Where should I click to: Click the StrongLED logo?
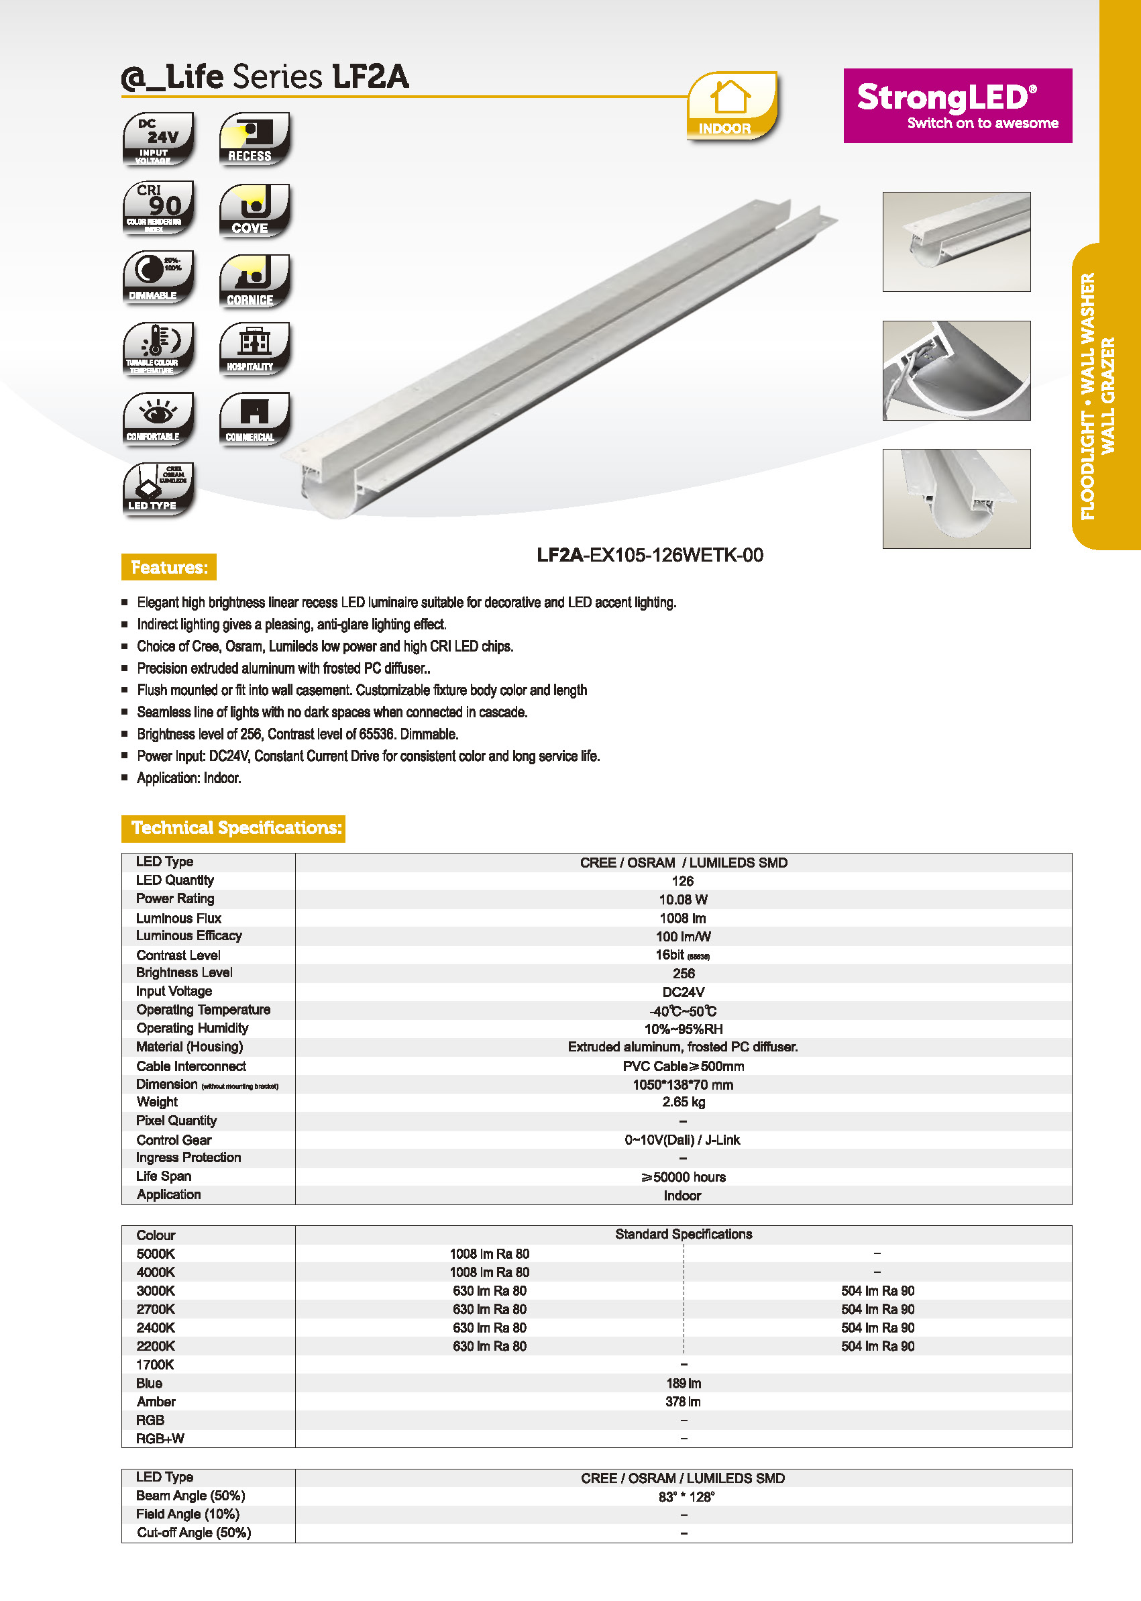point(957,105)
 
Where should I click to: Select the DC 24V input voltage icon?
point(158,138)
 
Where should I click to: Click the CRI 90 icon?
point(158,208)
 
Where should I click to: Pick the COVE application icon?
point(254,209)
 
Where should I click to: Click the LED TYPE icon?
point(158,488)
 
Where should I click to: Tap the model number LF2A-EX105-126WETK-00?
point(649,555)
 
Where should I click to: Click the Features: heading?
point(168,567)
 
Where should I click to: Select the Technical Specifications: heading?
point(233,828)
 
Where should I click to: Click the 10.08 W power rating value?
point(683,900)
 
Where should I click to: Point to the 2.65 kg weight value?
point(683,1102)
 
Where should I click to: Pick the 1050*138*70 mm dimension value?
point(683,1084)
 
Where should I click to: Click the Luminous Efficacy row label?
point(188,935)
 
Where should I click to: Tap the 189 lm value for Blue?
point(683,1383)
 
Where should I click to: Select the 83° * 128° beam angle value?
point(686,1496)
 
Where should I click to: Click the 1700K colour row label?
point(154,1365)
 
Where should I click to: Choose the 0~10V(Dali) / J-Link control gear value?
point(682,1139)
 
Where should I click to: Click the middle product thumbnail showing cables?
point(957,370)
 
